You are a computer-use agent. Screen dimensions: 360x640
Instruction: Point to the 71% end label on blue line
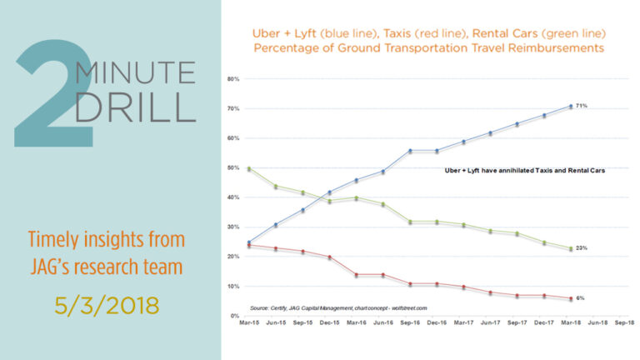coord(581,106)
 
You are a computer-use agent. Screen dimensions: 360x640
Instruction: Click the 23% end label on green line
coord(581,248)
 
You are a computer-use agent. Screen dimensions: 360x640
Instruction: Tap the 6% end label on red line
coord(580,298)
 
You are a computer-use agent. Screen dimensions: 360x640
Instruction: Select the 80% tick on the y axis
coord(233,79)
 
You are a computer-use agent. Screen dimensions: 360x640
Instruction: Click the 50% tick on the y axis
coord(233,168)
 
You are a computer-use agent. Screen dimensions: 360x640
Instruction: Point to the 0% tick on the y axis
coord(235,317)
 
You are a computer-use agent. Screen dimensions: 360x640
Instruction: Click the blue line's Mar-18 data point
coord(571,106)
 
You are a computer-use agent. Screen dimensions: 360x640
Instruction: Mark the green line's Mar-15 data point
coord(250,168)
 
